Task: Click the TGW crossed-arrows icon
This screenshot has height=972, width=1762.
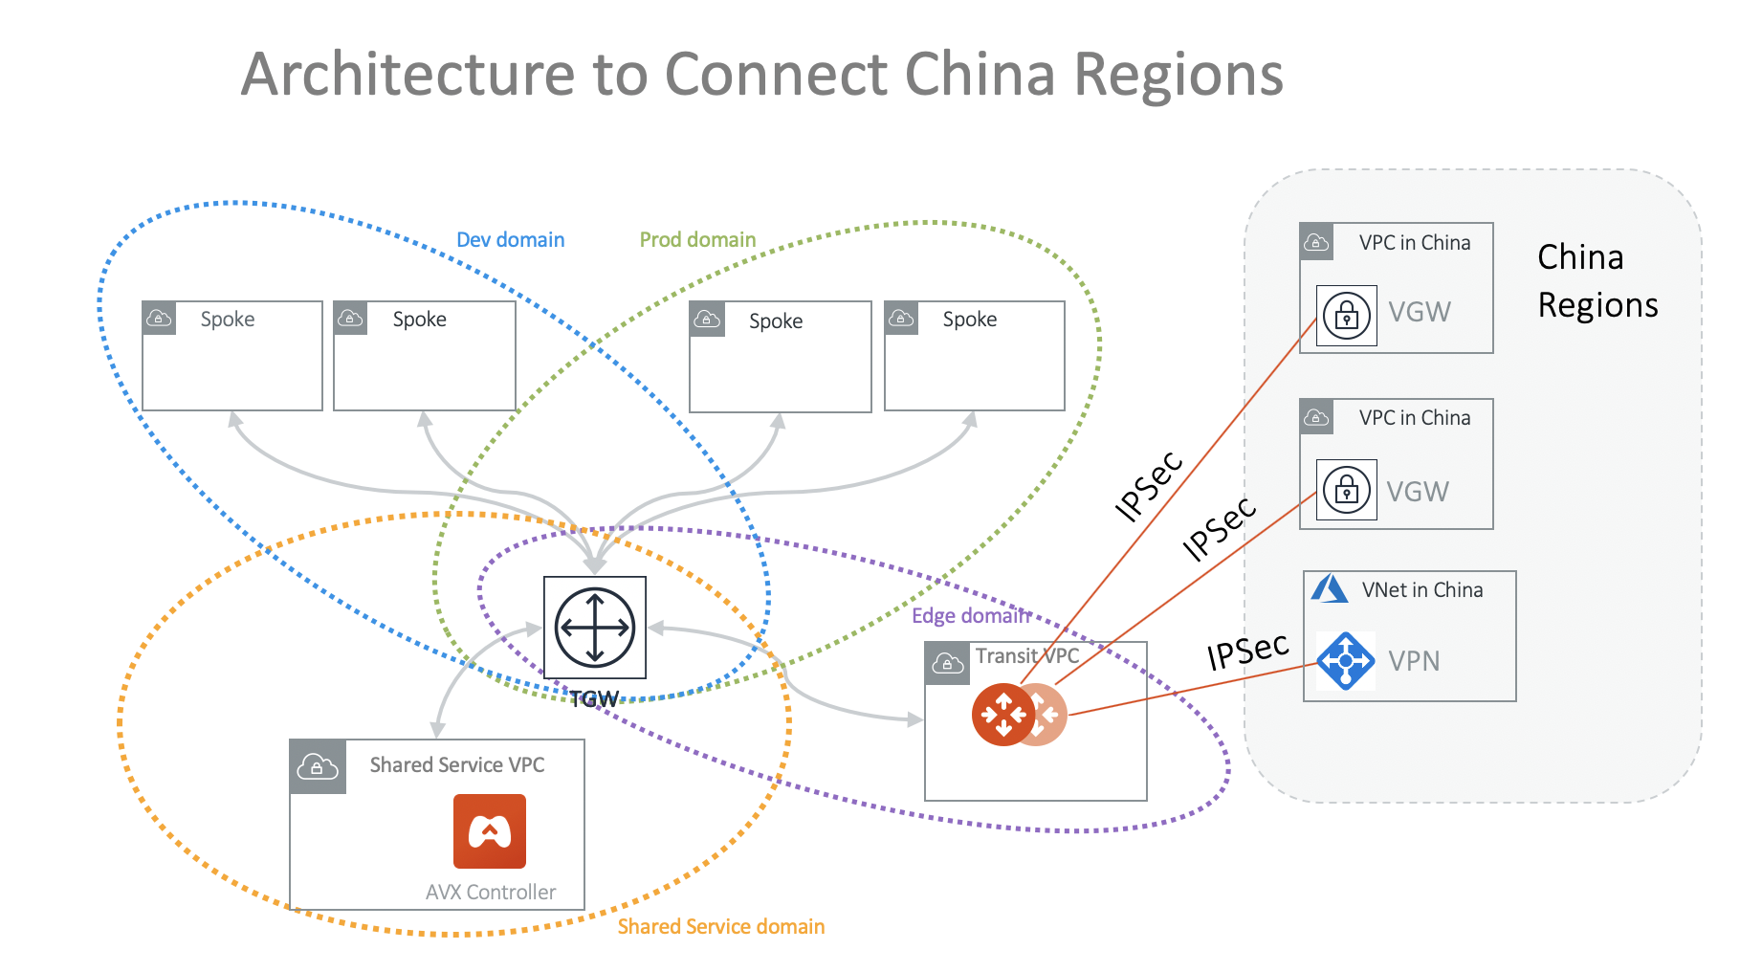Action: pyautogui.click(x=595, y=628)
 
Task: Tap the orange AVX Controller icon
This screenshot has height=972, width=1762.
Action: pyautogui.click(x=490, y=831)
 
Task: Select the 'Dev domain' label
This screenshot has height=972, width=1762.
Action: pyautogui.click(x=510, y=240)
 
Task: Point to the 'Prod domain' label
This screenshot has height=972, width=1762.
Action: pyautogui.click(x=697, y=240)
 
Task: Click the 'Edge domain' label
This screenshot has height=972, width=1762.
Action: pyautogui.click(x=970, y=616)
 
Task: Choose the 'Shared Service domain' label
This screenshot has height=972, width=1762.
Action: pyautogui.click(x=720, y=926)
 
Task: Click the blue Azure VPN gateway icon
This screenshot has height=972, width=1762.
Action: pyautogui.click(x=1346, y=660)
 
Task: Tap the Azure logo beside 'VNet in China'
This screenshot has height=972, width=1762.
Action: pyautogui.click(x=1329, y=588)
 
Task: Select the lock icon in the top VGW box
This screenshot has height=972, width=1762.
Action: pyautogui.click(x=1346, y=315)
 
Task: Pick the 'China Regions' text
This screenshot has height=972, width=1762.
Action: pyautogui.click(x=1597, y=281)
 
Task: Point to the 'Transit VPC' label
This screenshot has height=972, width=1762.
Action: pyautogui.click(x=1026, y=656)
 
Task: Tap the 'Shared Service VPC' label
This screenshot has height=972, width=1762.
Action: pyautogui.click(x=457, y=765)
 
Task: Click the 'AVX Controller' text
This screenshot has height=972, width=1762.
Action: pyautogui.click(x=491, y=892)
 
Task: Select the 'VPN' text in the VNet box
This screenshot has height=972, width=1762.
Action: pyautogui.click(x=1414, y=661)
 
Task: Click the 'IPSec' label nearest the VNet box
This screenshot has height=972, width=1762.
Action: pyautogui.click(x=1247, y=652)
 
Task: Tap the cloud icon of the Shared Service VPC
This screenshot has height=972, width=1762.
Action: pyautogui.click(x=318, y=766)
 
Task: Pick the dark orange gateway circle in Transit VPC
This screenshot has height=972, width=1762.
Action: pyautogui.click(x=1002, y=715)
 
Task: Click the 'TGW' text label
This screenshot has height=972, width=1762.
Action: pyautogui.click(x=595, y=699)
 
